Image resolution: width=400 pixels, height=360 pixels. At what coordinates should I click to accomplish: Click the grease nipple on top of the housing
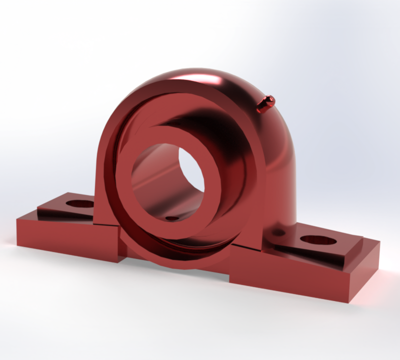(265, 103)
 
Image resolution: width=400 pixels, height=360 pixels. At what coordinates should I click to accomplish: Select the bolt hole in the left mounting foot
(80, 204)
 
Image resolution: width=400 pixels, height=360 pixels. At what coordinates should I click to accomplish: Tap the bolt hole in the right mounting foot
(318, 240)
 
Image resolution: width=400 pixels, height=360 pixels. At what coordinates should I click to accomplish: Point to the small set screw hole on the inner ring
(172, 218)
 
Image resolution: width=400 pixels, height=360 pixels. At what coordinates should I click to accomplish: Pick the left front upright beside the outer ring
(102, 200)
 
